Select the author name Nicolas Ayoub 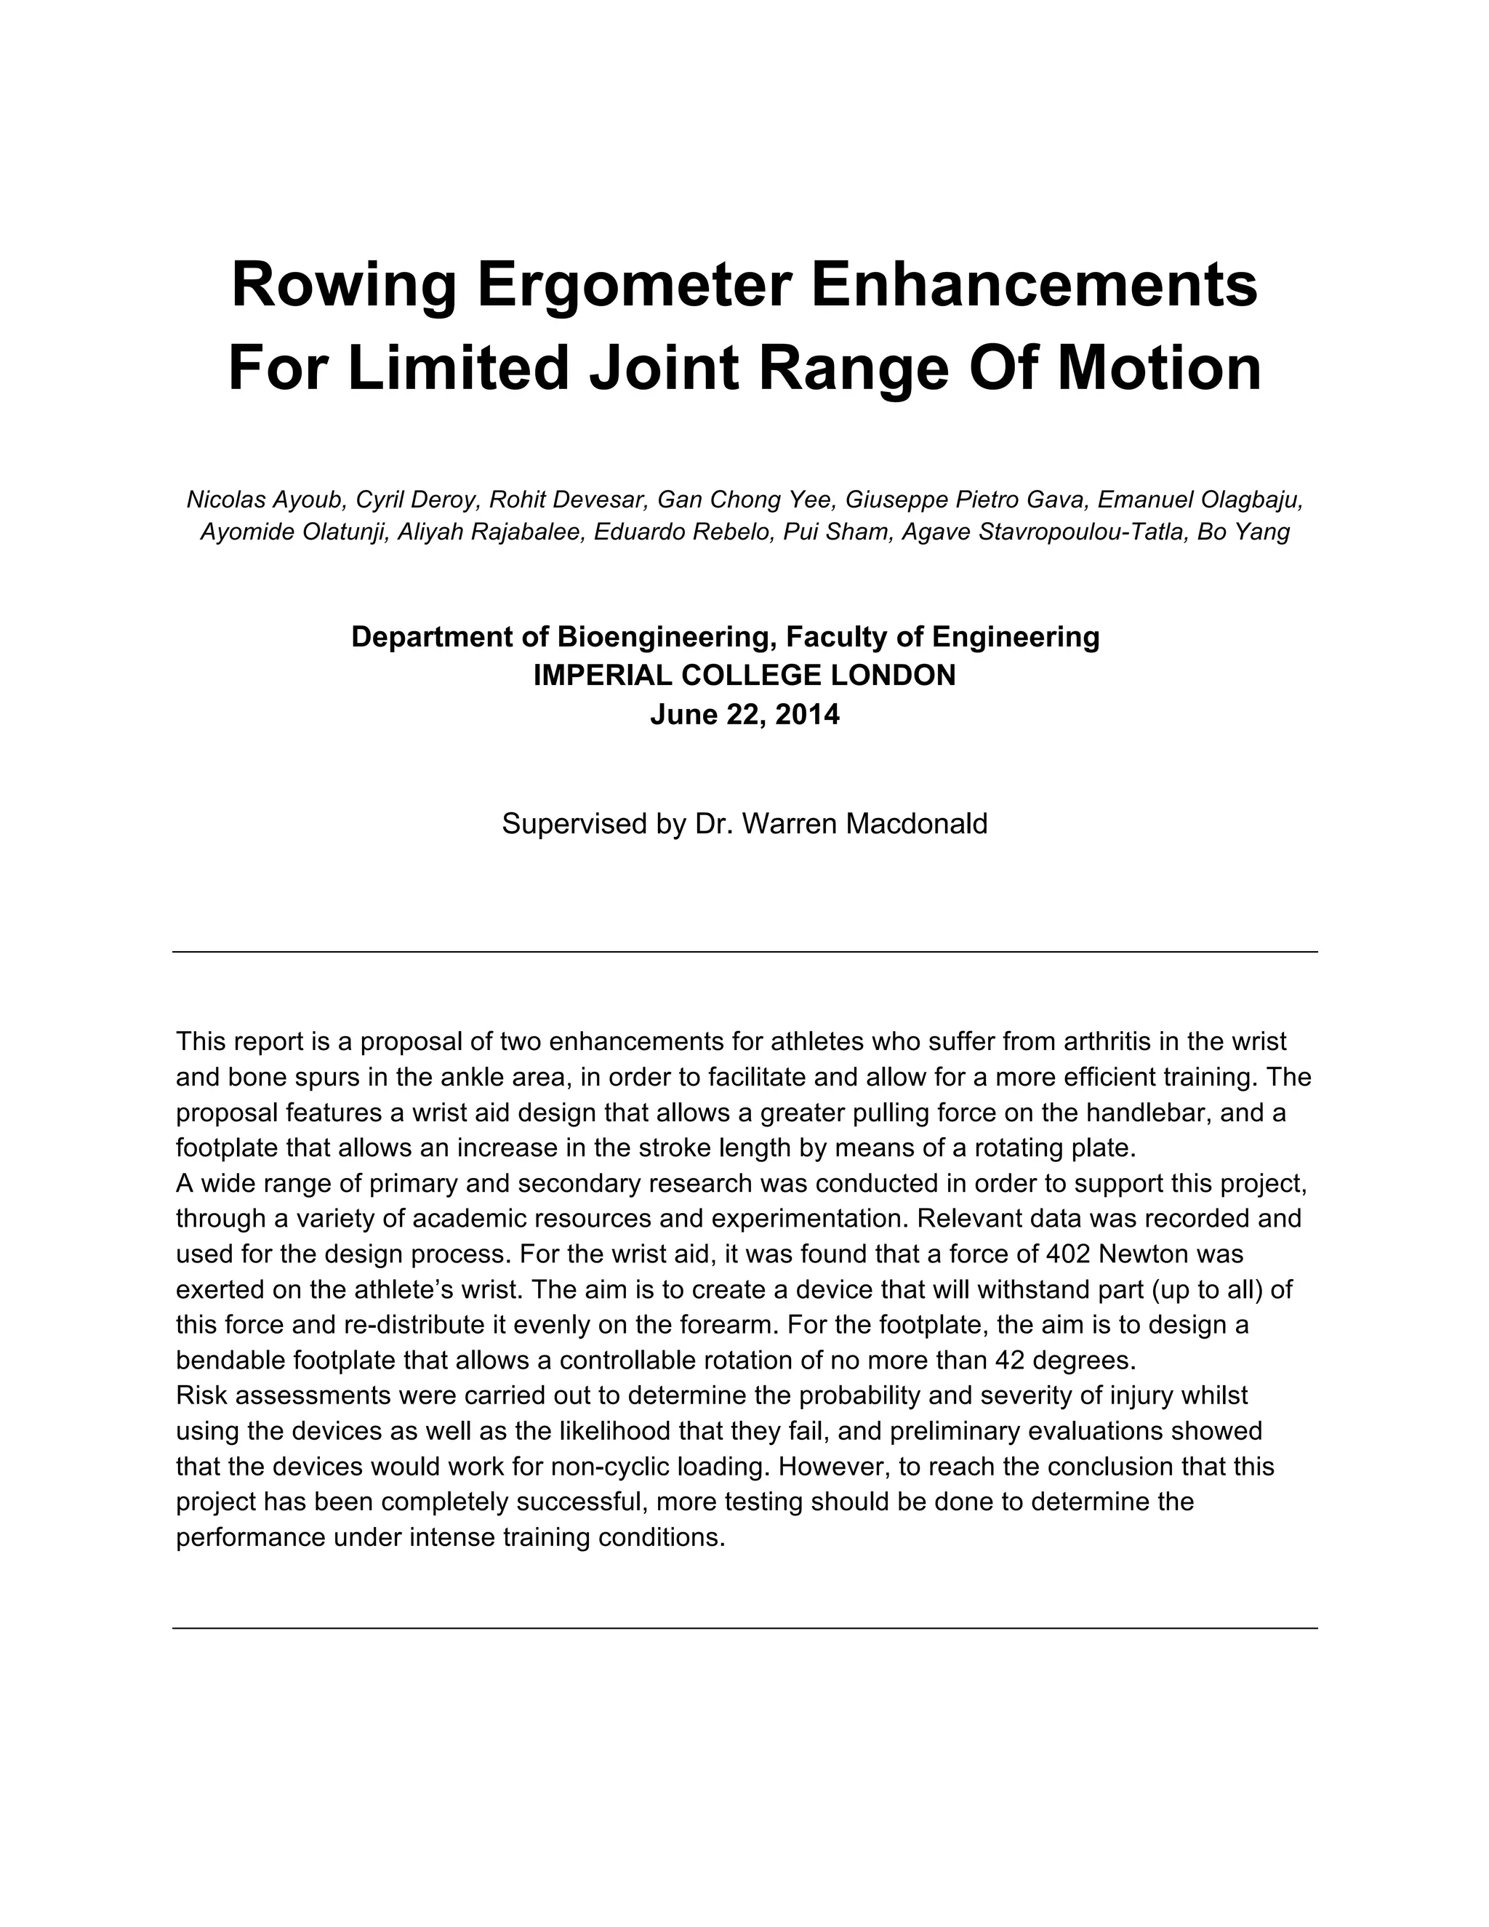[x=265, y=500]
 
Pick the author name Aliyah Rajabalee [x=491, y=532]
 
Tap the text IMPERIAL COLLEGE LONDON [x=744, y=675]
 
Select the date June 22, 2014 [x=744, y=714]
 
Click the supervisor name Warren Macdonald [x=864, y=823]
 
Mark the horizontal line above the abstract [x=744, y=952]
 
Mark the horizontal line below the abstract [x=744, y=1628]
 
